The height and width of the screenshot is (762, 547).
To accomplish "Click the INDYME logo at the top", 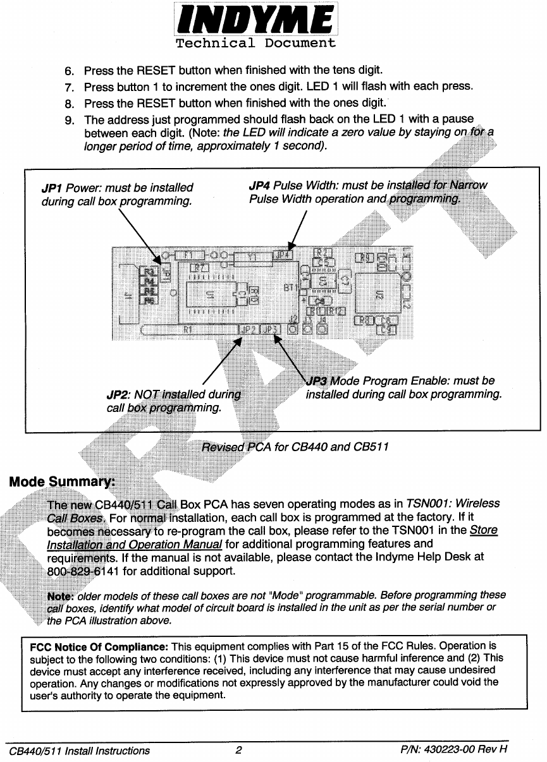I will [x=255, y=20].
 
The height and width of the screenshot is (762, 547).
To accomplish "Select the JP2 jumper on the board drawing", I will [x=249, y=329].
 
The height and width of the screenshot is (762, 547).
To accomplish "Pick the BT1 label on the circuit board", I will [x=291, y=287].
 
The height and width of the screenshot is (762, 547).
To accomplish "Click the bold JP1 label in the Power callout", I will [x=52, y=188].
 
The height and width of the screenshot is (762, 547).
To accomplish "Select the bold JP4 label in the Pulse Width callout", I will [x=260, y=185].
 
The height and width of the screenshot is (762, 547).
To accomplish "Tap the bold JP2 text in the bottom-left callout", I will [x=118, y=395].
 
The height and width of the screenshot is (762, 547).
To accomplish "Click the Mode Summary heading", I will [x=61, y=482].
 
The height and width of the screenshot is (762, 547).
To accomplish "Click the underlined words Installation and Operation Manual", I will [x=134, y=544].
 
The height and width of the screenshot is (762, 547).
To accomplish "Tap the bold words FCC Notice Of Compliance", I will [x=99, y=646].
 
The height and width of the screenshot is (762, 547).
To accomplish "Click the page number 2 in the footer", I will [x=238, y=751].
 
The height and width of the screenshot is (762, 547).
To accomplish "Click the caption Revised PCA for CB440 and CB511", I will [x=295, y=447].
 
